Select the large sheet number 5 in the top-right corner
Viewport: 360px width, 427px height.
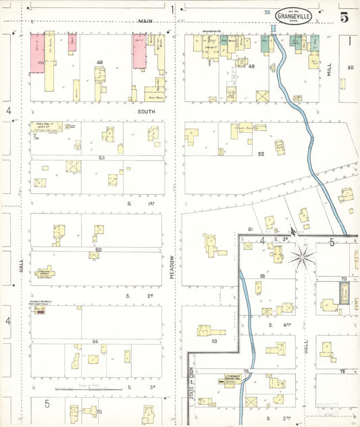(344, 18)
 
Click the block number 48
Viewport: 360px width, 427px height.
(100, 63)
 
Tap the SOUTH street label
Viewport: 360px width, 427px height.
(146, 111)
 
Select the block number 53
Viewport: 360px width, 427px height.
(101, 157)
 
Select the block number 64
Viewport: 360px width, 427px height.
(96, 342)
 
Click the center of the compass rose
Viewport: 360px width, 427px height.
(302, 257)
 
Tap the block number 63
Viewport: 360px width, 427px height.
(213, 341)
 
